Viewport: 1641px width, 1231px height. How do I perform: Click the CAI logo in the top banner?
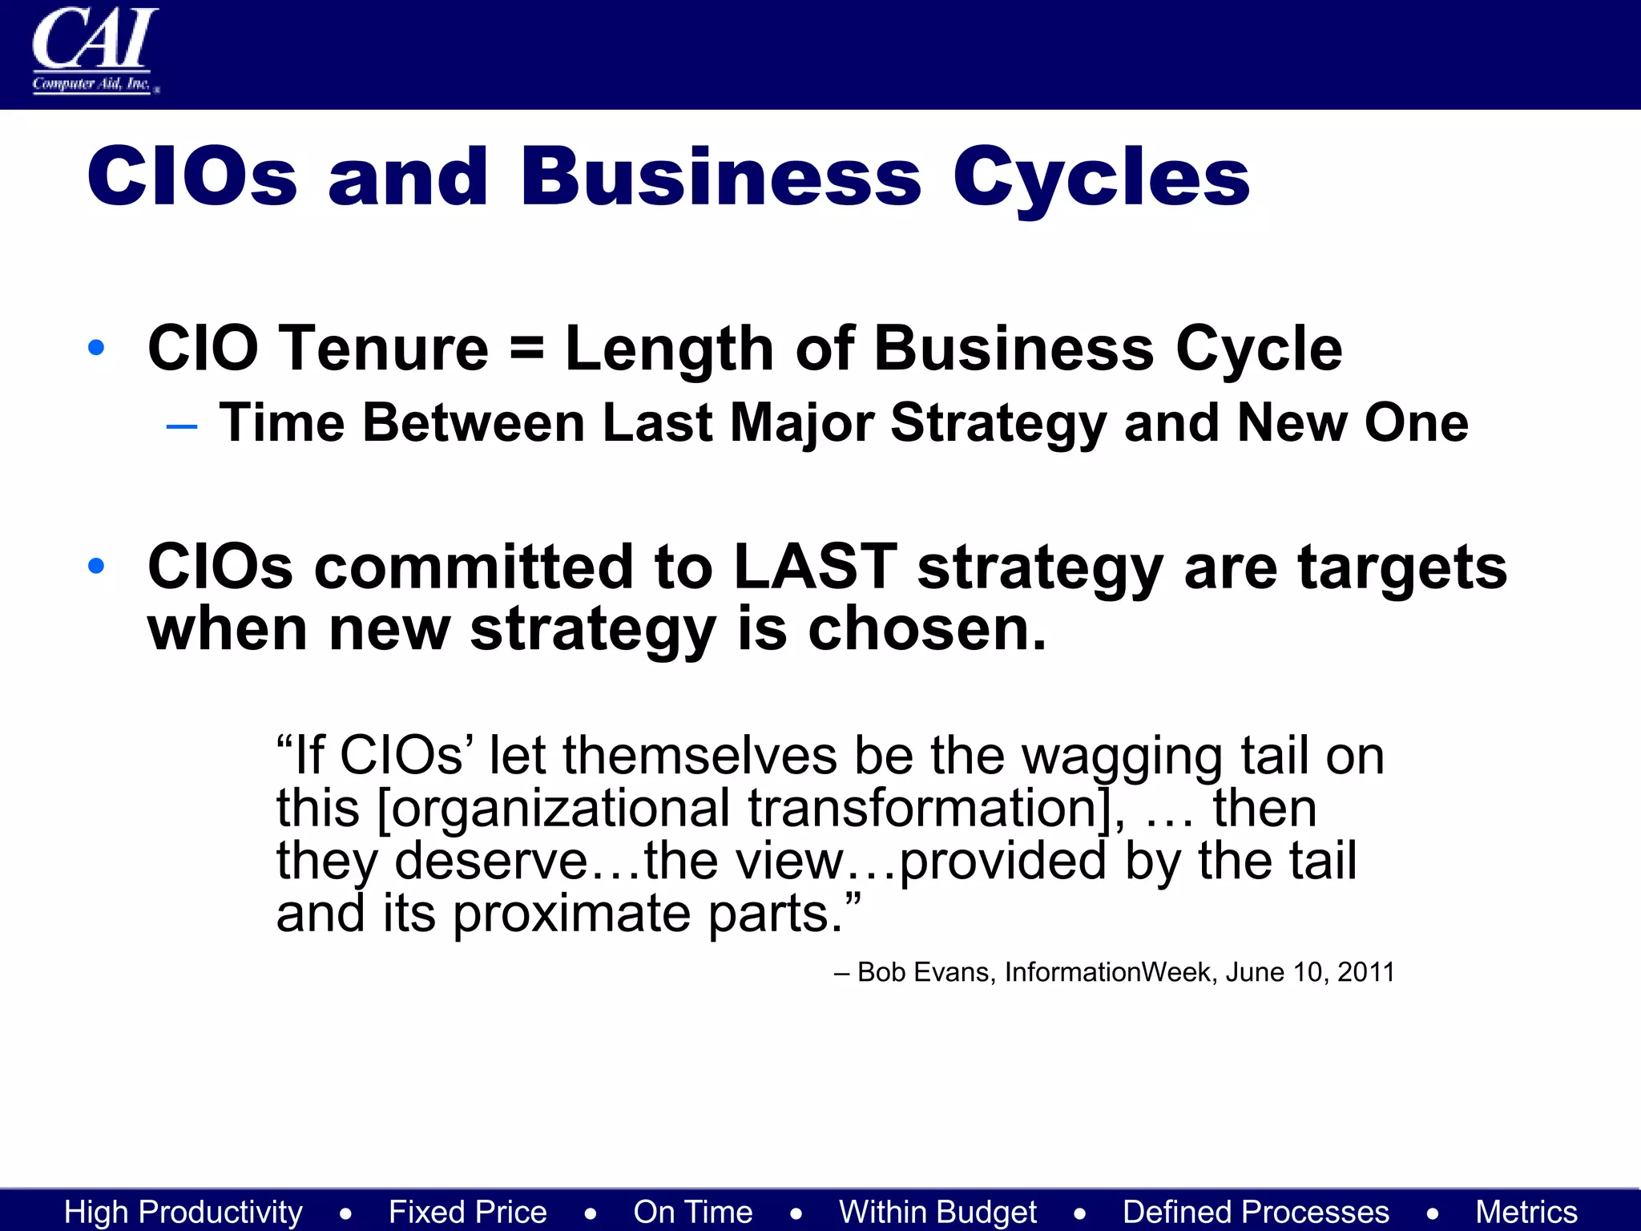pyautogui.click(x=95, y=50)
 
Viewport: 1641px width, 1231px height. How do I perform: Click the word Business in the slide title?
pyautogui.click(x=720, y=178)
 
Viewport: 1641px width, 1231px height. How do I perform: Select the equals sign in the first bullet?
pyautogui.click(x=526, y=349)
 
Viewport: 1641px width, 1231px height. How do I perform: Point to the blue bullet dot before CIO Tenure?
pyautogui.click(x=97, y=348)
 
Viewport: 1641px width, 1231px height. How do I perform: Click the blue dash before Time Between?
pyautogui.click(x=182, y=426)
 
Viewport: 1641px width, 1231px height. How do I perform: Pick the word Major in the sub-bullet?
pyautogui.click(x=801, y=423)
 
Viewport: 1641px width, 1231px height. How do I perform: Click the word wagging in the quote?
pyautogui.click(x=1122, y=757)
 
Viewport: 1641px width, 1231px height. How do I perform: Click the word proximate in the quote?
pyautogui.click(x=571, y=914)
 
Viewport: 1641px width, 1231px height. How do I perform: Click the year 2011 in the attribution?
pyautogui.click(x=1365, y=972)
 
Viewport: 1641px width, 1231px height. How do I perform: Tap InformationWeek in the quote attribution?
pyautogui.click(x=1108, y=972)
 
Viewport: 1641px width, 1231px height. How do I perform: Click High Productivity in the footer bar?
pyautogui.click(x=183, y=1212)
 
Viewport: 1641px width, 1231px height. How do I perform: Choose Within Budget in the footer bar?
pyautogui.click(x=937, y=1212)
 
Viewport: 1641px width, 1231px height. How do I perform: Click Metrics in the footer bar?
pyautogui.click(x=1526, y=1212)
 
